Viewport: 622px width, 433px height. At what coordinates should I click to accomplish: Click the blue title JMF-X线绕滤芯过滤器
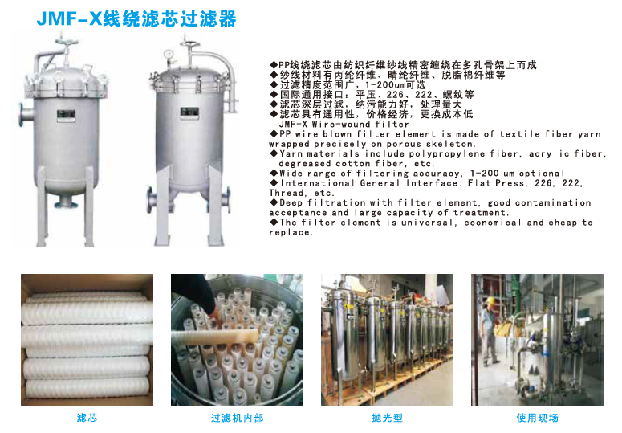tap(136, 19)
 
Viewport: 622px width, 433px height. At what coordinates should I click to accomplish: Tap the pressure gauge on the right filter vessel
tap(169, 54)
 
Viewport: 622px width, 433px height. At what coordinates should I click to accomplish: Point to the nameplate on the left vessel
tap(66, 115)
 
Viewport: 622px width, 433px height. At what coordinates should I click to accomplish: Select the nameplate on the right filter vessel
tap(189, 112)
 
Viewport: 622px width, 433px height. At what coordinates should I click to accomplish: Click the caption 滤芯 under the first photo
tap(87, 418)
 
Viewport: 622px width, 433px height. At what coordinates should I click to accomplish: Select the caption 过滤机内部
tap(238, 418)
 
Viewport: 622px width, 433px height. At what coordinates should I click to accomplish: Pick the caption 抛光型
tap(387, 418)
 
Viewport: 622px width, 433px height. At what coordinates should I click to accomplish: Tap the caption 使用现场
tap(538, 418)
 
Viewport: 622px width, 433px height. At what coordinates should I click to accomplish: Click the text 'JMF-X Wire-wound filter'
tap(344, 125)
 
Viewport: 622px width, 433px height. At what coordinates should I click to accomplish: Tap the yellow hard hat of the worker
tap(490, 300)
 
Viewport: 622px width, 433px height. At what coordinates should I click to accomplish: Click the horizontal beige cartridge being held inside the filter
tap(215, 336)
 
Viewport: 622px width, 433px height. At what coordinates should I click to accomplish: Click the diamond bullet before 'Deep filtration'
tap(274, 202)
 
